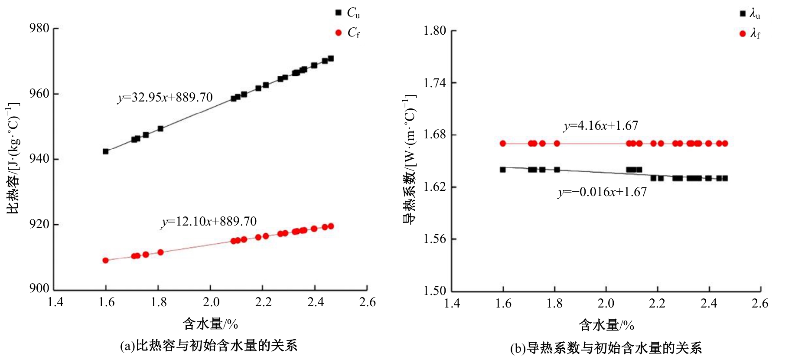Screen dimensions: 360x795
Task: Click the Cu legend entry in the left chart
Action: click(348, 13)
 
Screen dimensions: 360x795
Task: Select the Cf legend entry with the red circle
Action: click(348, 33)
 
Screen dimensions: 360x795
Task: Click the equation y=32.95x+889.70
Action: click(165, 97)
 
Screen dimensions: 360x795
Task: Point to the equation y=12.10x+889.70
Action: click(209, 222)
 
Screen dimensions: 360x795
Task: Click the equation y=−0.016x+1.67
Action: click(602, 192)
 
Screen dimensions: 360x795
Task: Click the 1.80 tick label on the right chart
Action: click(435, 31)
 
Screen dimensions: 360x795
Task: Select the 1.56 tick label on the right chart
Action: click(435, 239)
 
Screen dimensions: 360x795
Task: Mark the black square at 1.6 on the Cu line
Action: click(105, 151)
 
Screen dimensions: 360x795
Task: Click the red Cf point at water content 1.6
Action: click(105, 260)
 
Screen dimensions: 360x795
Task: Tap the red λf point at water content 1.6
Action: click(503, 144)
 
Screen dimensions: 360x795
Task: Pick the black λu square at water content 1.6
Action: click(503, 170)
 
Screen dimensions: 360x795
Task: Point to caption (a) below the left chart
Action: click(209, 346)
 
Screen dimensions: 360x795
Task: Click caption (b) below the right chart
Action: click(606, 348)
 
